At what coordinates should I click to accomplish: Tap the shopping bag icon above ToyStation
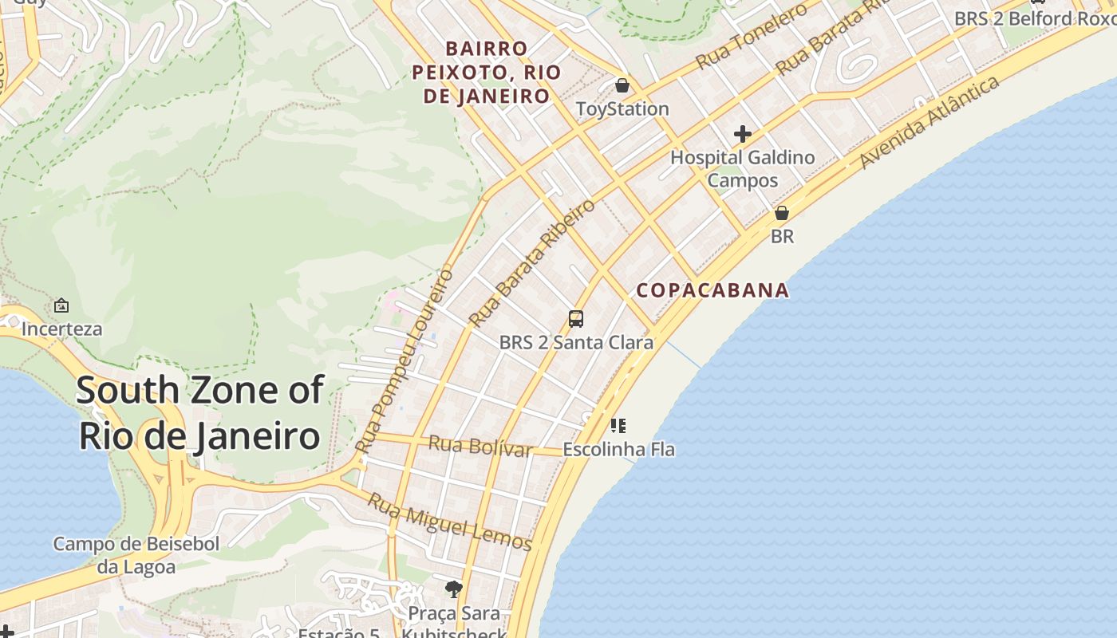pyautogui.click(x=622, y=85)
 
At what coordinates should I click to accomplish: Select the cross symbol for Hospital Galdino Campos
pyautogui.click(x=743, y=134)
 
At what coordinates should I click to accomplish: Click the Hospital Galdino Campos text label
pyautogui.click(x=742, y=168)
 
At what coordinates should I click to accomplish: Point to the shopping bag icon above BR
pyautogui.click(x=782, y=213)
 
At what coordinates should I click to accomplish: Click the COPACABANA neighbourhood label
pyautogui.click(x=712, y=290)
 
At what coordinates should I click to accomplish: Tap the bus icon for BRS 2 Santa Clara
pyautogui.click(x=576, y=319)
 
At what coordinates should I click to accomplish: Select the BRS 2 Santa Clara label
pyautogui.click(x=576, y=343)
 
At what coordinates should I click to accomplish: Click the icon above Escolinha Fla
pyautogui.click(x=618, y=426)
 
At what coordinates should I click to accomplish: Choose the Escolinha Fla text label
pyautogui.click(x=618, y=450)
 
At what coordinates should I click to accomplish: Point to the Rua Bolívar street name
pyautogui.click(x=480, y=447)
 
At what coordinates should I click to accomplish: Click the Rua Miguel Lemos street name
pyautogui.click(x=449, y=522)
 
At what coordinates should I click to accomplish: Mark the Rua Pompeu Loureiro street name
pyautogui.click(x=405, y=360)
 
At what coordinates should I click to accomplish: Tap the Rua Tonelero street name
pyautogui.click(x=750, y=37)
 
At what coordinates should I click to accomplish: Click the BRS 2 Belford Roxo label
pyautogui.click(x=1035, y=18)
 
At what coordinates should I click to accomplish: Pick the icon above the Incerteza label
pyautogui.click(x=61, y=305)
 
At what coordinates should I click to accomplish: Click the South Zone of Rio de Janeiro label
pyautogui.click(x=199, y=413)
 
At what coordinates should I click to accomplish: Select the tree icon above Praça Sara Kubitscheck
pyautogui.click(x=454, y=589)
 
